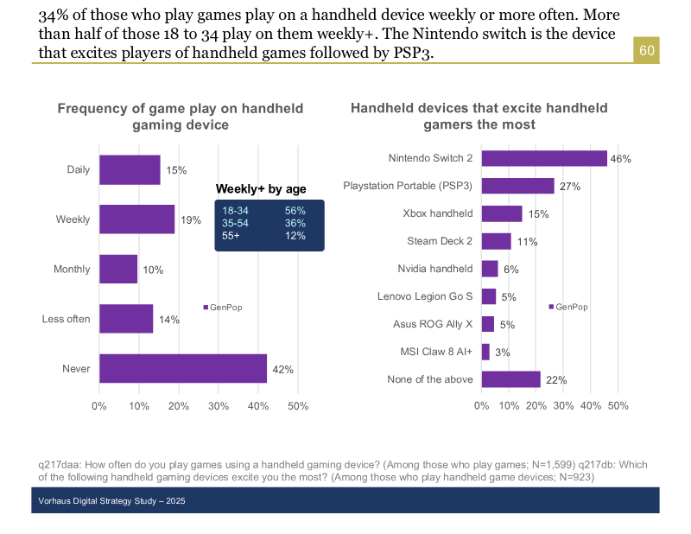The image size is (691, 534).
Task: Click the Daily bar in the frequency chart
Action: point(130,169)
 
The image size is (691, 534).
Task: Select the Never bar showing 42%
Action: point(183,368)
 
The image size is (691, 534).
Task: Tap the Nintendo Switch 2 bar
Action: point(544,158)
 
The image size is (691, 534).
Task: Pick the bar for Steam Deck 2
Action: point(496,241)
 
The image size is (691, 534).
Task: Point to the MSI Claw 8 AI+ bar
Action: point(485,352)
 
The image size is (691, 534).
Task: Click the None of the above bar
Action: point(510,379)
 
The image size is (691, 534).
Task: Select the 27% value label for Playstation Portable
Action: point(569,187)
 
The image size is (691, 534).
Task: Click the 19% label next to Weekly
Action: point(191,220)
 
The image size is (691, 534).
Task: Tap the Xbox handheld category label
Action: point(438,213)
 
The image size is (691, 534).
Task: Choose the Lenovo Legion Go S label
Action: point(425,296)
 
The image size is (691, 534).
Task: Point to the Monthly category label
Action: point(72,270)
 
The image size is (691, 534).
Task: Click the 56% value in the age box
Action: point(295,211)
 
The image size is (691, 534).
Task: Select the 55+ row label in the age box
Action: point(231,236)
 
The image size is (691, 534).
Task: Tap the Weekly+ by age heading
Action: point(261,189)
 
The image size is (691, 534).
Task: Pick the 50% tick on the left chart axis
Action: point(297,406)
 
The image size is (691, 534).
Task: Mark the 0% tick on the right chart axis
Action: point(481,406)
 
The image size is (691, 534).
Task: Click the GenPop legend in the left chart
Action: point(223,307)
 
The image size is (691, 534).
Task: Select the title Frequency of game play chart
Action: point(181,117)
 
